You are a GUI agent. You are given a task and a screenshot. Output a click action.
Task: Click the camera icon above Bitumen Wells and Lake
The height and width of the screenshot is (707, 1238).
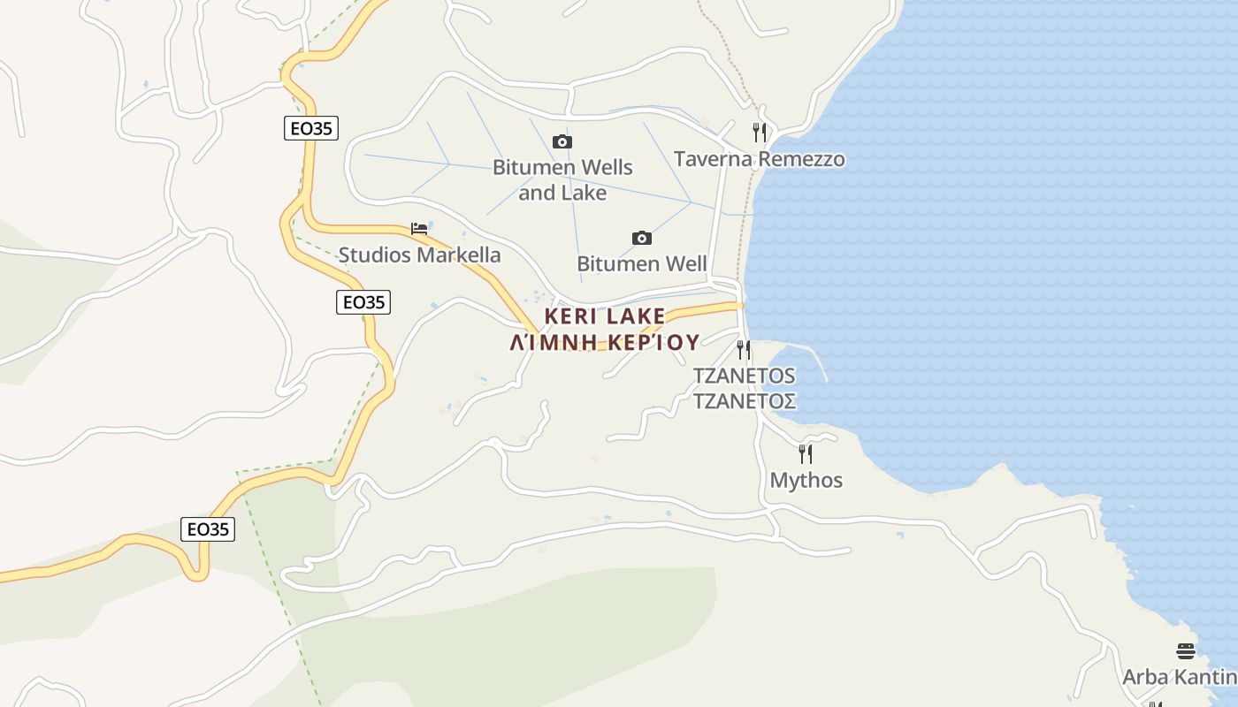click(562, 141)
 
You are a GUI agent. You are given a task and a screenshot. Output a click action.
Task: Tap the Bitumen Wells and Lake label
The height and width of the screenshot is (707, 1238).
click(562, 179)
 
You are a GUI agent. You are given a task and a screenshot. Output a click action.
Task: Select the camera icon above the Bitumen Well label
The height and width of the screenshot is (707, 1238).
click(642, 238)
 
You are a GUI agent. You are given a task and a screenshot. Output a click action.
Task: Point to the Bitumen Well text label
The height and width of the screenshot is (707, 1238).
click(641, 263)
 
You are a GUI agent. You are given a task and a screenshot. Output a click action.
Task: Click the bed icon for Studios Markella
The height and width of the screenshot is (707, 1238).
click(419, 229)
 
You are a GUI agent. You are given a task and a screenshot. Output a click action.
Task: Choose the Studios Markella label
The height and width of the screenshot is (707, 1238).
click(419, 255)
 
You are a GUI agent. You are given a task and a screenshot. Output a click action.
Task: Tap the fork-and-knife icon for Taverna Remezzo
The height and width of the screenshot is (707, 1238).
click(759, 133)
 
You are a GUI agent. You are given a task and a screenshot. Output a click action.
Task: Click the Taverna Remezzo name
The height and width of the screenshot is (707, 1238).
click(759, 159)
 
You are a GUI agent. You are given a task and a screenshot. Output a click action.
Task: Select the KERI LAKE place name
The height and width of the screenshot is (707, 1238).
click(605, 315)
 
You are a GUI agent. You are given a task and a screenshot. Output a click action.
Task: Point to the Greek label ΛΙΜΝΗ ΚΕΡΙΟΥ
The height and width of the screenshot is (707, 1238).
click(605, 342)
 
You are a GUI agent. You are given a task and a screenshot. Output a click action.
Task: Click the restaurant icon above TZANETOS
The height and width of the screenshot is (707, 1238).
click(744, 350)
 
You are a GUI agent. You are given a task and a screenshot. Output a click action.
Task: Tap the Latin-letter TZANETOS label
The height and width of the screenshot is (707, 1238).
click(744, 376)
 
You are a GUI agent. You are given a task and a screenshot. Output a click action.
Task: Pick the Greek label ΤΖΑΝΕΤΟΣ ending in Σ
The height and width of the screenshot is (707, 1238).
click(744, 401)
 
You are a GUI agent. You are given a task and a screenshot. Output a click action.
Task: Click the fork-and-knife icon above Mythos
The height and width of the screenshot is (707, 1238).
click(806, 454)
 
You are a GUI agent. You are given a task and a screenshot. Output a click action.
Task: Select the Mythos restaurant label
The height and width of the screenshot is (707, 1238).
click(806, 480)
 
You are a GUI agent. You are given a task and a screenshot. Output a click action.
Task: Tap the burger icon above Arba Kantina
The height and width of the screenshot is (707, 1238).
click(1186, 651)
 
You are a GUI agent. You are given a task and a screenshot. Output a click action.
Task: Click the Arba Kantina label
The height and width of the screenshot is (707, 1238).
click(1180, 677)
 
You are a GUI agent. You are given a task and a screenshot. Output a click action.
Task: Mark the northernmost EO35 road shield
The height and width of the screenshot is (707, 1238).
click(312, 128)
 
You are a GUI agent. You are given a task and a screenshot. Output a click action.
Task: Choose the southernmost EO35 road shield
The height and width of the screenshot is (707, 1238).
click(209, 529)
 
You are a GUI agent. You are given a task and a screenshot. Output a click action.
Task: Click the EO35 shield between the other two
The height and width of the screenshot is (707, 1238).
click(363, 302)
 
